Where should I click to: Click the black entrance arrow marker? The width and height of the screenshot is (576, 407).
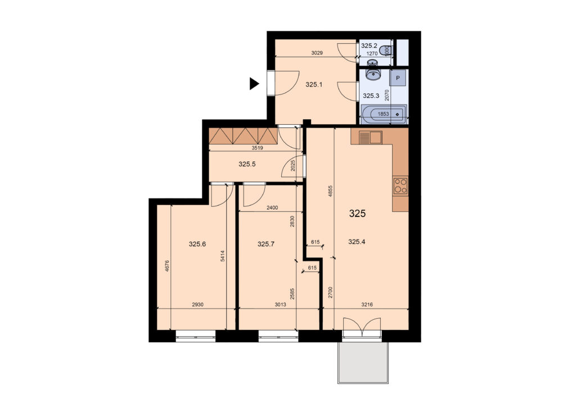point(254,84)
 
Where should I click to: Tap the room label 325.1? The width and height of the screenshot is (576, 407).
point(314,85)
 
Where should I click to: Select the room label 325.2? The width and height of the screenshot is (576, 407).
point(369,46)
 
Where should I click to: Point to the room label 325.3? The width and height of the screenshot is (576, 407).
point(371,96)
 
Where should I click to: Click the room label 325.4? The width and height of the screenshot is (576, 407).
point(356,242)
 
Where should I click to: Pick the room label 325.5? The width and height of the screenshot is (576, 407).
point(247,164)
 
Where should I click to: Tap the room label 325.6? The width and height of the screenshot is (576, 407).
point(197,243)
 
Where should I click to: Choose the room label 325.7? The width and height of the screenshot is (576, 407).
point(266,243)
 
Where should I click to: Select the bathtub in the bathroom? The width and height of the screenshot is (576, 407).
point(384,114)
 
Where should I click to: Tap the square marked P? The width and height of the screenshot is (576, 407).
point(398,78)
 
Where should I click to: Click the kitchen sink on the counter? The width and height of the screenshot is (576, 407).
point(370,138)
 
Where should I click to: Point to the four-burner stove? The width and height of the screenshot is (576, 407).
point(400,186)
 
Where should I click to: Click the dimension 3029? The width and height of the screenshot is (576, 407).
point(317,53)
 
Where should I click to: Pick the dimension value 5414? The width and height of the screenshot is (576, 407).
point(223,256)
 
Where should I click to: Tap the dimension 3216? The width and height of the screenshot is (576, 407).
point(367,304)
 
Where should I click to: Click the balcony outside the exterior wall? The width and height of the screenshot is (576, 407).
point(363,363)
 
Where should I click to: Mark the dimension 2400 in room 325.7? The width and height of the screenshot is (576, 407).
point(272,208)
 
